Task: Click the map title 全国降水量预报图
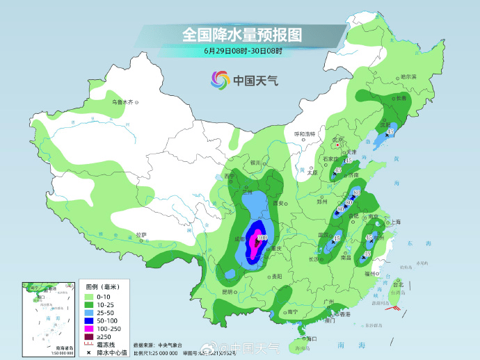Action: [241, 33]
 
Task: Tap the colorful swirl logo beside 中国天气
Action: [219, 80]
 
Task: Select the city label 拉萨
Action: [141, 235]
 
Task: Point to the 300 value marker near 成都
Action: [262, 238]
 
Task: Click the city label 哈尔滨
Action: [408, 77]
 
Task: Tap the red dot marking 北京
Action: [339, 145]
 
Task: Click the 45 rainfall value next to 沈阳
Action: [391, 131]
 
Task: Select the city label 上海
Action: [395, 222]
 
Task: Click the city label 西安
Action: [280, 203]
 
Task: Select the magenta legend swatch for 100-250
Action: [90, 327]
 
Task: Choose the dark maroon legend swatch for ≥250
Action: [90, 337]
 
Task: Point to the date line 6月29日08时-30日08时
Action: [243, 51]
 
